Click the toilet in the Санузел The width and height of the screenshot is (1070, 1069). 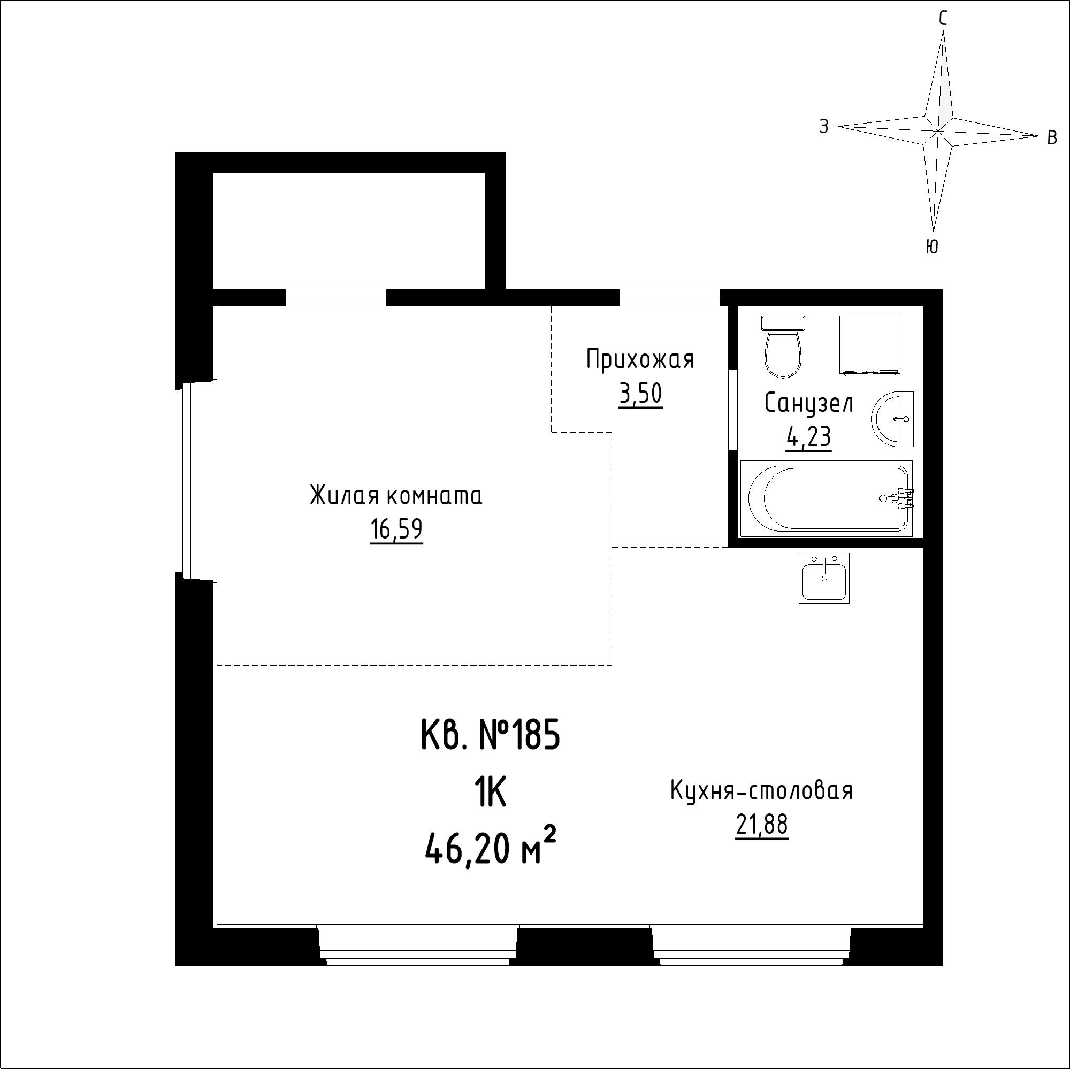783,347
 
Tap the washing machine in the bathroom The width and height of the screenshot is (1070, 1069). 869,346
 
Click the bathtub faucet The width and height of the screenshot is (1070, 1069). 898,498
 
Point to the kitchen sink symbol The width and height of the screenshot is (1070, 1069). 824,578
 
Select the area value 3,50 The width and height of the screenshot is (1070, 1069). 640,394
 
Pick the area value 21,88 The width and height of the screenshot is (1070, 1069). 761,826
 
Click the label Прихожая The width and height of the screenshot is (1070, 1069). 640,359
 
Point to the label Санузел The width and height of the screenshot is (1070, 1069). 808,403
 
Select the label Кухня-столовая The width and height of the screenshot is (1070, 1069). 761,791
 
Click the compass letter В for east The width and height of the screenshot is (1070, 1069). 1052,138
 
